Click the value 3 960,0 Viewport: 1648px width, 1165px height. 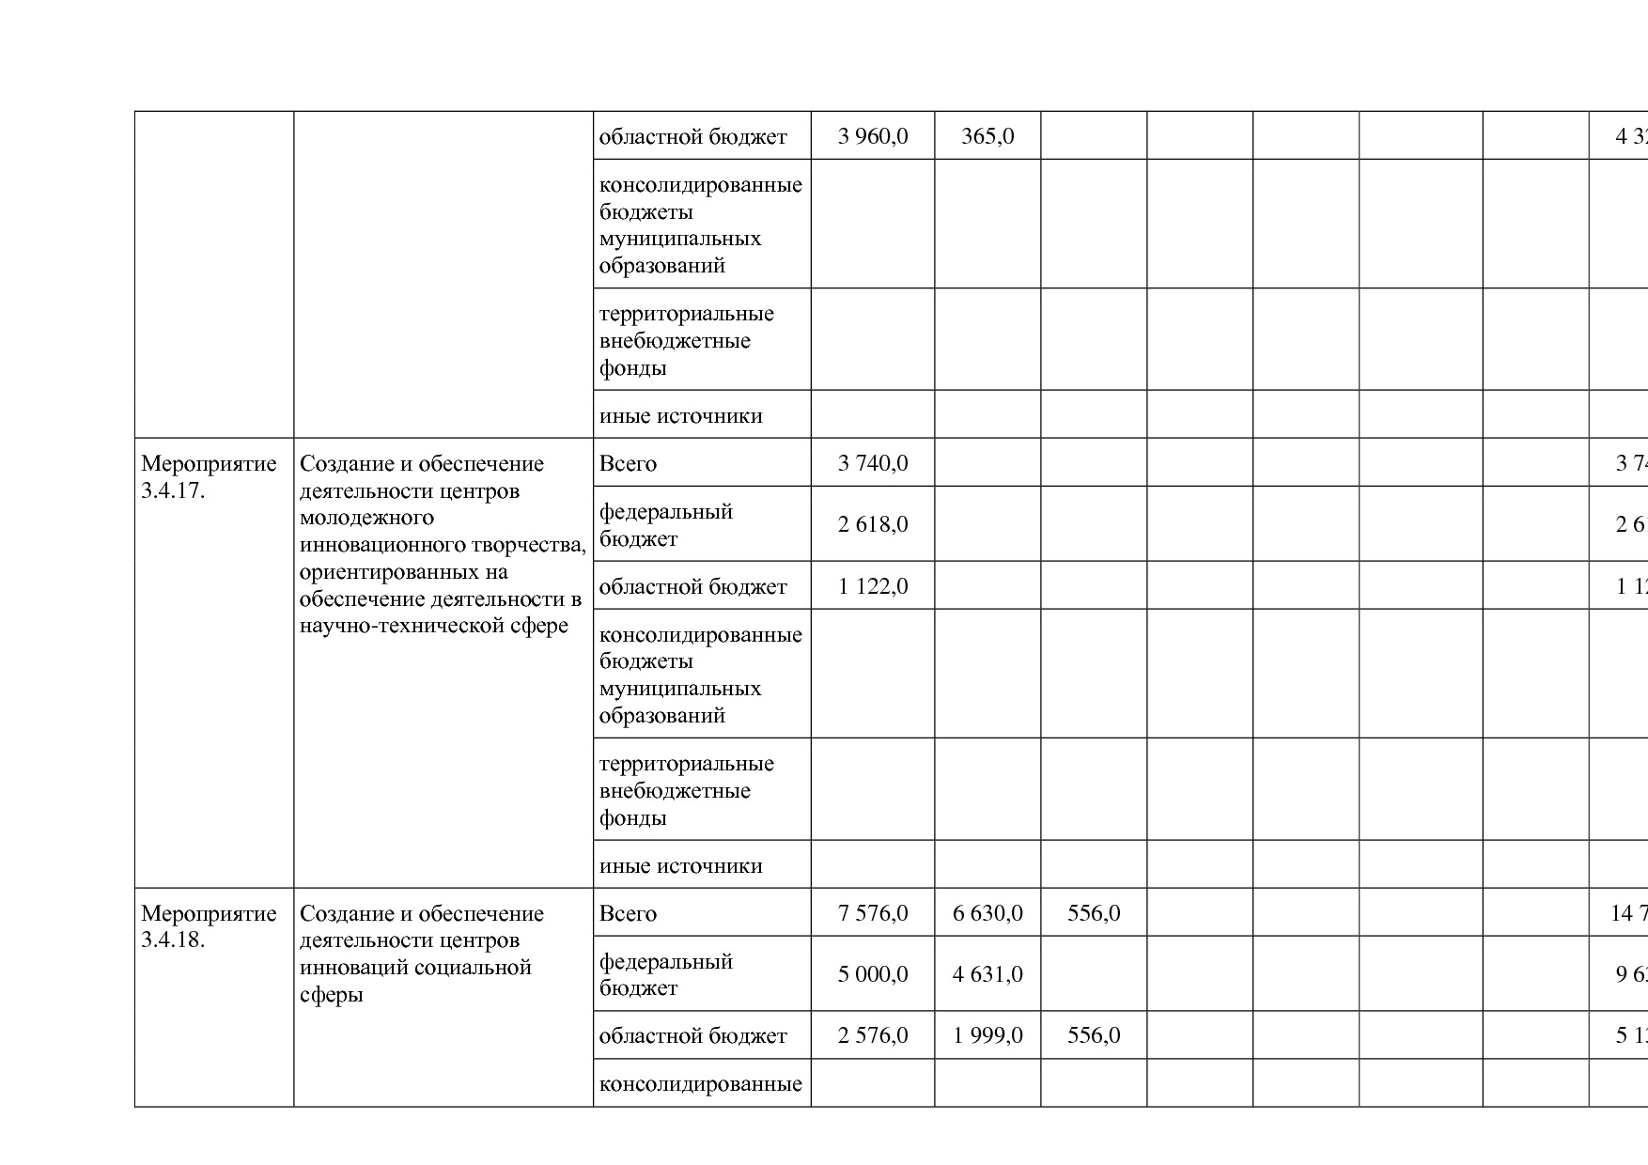click(x=873, y=136)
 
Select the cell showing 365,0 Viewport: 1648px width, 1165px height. click(x=987, y=136)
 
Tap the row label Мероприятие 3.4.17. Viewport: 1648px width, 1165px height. click(x=209, y=476)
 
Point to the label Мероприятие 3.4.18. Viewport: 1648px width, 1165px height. click(x=209, y=926)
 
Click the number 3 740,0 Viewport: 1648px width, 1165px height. click(x=873, y=463)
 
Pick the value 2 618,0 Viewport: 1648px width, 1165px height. click(x=873, y=524)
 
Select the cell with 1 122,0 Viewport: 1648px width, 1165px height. click(x=873, y=586)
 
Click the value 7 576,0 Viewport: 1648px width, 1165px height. click(x=873, y=913)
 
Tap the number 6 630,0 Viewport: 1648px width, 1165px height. click(x=987, y=913)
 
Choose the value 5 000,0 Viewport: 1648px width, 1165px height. click(x=873, y=974)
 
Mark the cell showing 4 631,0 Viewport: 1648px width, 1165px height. click(x=987, y=974)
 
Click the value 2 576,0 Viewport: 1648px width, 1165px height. click(x=873, y=1035)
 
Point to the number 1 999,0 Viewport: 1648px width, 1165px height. click(x=987, y=1035)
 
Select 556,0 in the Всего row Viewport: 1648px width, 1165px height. click(x=1094, y=913)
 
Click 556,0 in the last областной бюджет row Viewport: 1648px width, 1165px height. click(x=1094, y=1035)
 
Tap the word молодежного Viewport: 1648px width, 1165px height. click(x=366, y=518)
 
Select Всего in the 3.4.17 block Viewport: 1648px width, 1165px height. click(x=628, y=464)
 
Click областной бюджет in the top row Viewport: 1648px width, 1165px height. click(x=692, y=137)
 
